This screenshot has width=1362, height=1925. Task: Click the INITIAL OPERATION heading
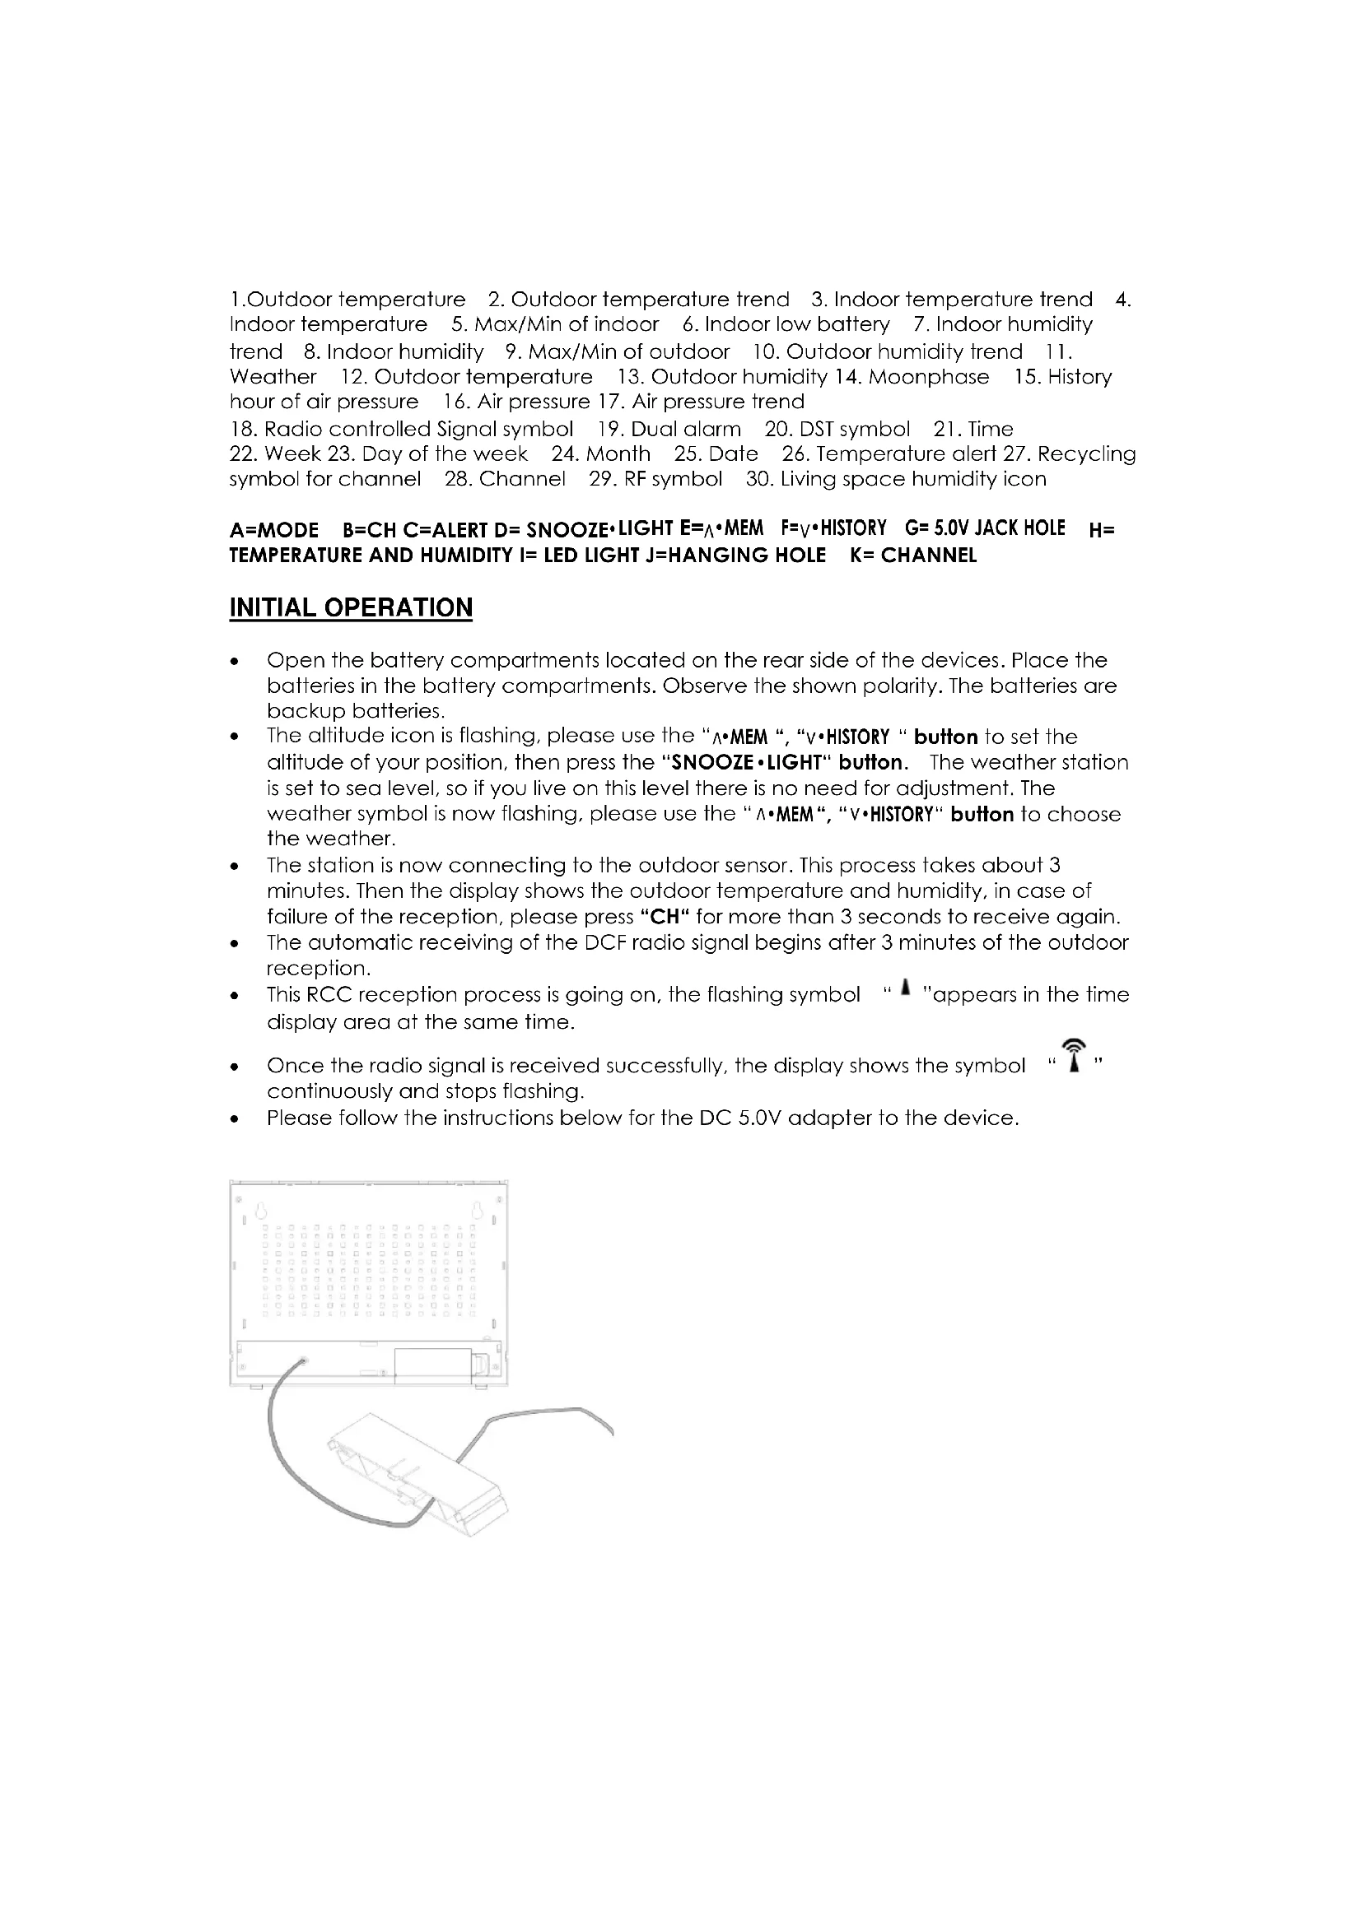[x=351, y=608]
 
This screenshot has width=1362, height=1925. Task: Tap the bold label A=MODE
[x=274, y=530]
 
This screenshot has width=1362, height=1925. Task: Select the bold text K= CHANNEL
[x=913, y=555]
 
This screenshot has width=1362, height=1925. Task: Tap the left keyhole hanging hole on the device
[x=259, y=1211]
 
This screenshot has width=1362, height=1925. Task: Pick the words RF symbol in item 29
[x=673, y=479]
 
